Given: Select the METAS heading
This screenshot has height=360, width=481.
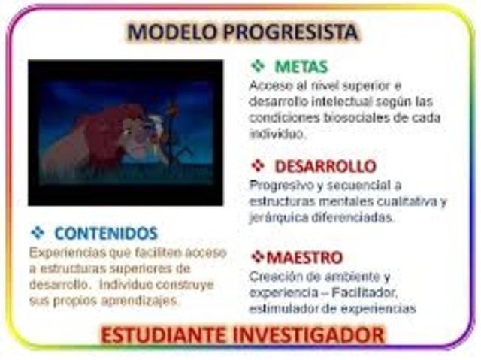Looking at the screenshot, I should (301, 67).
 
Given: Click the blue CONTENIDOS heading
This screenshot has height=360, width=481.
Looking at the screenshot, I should (105, 233).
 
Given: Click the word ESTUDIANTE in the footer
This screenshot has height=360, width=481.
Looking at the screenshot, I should (174, 334).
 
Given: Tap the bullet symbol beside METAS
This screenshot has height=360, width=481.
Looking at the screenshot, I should (257, 67).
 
